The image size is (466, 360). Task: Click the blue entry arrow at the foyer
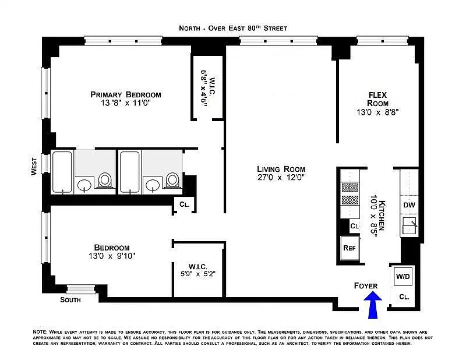(373, 305)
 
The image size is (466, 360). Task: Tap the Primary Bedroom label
(126, 94)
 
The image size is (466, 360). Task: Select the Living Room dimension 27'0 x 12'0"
(281, 178)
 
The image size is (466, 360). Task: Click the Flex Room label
(377, 99)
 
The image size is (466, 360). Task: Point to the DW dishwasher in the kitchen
(409, 205)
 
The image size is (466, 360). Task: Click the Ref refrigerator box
(349, 248)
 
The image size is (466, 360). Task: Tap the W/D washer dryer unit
(403, 277)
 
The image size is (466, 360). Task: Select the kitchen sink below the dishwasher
(409, 227)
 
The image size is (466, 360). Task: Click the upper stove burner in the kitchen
(350, 188)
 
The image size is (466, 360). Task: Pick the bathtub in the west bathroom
(62, 172)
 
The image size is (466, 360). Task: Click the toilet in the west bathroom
(105, 180)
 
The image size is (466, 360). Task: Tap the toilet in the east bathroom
(172, 180)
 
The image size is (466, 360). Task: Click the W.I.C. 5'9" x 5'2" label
(198, 270)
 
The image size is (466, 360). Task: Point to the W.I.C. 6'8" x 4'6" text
(208, 88)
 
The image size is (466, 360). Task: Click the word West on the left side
(34, 167)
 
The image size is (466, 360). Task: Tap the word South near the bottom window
(70, 299)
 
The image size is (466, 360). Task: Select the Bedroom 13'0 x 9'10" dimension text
(112, 256)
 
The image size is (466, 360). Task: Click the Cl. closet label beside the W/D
(404, 297)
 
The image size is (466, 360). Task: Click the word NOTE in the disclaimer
(40, 332)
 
